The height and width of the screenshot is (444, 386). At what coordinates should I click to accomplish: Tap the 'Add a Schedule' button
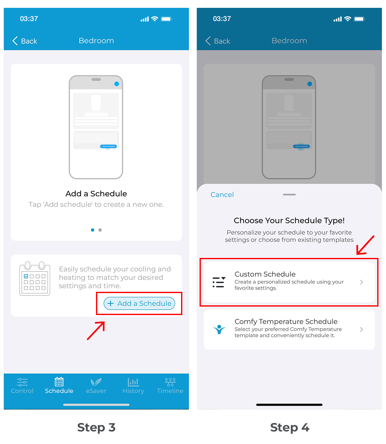click(139, 303)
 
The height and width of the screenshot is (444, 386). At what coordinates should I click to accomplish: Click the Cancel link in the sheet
click(222, 195)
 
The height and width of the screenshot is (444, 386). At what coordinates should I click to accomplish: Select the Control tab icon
click(22, 382)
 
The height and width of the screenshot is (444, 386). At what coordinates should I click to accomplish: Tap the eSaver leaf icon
click(96, 382)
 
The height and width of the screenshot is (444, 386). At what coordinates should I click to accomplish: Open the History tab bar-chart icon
click(133, 382)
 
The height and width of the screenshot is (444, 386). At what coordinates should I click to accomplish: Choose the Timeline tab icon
click(170, 382)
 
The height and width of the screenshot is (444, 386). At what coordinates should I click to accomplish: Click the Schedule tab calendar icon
click(59, 382)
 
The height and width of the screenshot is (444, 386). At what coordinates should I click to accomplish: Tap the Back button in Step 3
click(24, 41)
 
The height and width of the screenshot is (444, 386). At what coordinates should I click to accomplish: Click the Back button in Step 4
click(217, 41)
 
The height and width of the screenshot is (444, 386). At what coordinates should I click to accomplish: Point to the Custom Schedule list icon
click(219, 282)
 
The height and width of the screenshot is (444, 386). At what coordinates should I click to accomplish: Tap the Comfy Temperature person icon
click(219, 329)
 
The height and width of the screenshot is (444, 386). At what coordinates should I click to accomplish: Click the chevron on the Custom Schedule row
click(361, 282)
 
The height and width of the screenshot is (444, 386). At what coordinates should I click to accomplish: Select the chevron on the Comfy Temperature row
click(361, 329)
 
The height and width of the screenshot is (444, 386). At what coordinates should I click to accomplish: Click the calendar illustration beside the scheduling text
click(35, 278)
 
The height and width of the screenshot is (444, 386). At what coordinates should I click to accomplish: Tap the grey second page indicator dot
click(100, 230)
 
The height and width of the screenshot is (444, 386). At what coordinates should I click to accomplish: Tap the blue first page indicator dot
click(93, 230)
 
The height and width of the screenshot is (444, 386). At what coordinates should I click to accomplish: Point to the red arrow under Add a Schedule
click(96, 330)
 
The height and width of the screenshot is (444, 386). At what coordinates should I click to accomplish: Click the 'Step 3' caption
click(96, 427)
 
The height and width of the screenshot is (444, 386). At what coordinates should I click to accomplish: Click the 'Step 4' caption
click(289, 427)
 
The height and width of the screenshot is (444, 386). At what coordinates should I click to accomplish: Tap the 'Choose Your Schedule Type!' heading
click(289, 220)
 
